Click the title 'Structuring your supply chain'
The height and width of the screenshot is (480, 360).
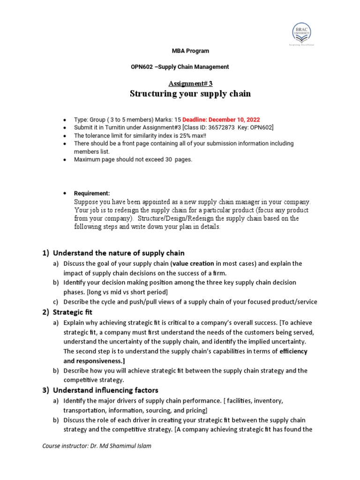click(190, 94)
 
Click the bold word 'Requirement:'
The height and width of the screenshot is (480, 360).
click(92, 193)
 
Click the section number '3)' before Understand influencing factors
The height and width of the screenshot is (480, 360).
click(46, 390)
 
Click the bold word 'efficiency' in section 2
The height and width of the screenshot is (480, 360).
click(293, 352)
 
